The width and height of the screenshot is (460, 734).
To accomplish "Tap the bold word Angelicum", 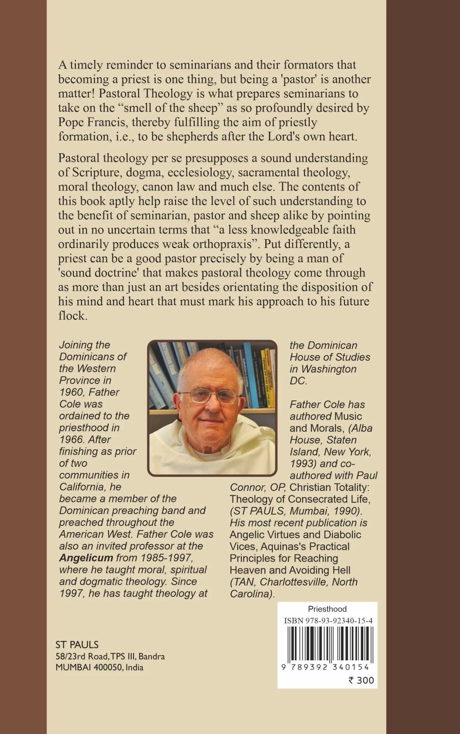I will click(x=86, y=558).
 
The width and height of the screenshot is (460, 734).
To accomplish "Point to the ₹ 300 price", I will click(x=361, y=680).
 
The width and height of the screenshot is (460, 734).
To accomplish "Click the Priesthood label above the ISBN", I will click(x=327, y=609).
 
